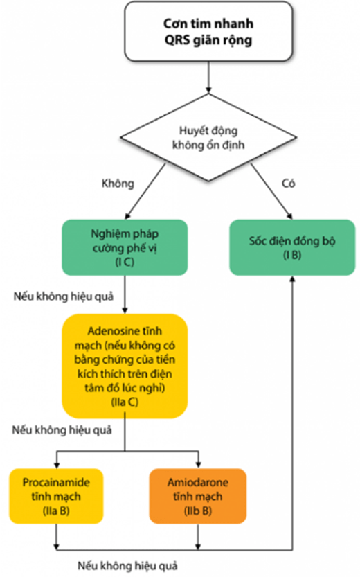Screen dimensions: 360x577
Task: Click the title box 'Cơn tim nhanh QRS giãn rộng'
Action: (208, 32)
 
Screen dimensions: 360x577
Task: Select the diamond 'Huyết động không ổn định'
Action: (208, 137)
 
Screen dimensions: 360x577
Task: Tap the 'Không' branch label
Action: (118, 184)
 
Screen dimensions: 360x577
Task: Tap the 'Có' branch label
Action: (288, 184)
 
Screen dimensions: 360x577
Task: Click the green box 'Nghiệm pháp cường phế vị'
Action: (125, 247)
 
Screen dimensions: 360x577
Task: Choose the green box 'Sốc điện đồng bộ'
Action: (292, 247)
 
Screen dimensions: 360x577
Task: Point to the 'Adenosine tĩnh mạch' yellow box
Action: (125, 366)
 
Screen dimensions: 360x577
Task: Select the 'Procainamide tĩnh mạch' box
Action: (56, 496)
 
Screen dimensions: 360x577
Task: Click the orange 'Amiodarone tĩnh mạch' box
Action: (198, 496)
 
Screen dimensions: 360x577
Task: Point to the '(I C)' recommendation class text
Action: (125, 262)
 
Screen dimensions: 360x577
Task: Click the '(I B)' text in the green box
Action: (292, 255)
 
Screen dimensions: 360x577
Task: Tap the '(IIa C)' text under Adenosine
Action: (125, 402)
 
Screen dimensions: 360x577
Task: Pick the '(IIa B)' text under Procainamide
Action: (56, 511)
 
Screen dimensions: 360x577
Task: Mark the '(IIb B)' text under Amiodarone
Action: (198, 511)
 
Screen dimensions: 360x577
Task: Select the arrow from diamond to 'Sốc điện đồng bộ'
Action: (271, 191)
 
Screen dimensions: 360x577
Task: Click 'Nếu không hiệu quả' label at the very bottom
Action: (127, 566)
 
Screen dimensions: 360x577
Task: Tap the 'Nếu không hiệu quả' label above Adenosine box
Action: (64, 296)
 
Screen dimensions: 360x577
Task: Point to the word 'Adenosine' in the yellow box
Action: (111, 331)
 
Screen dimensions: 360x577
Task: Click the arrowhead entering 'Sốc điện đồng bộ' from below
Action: (292, 279)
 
